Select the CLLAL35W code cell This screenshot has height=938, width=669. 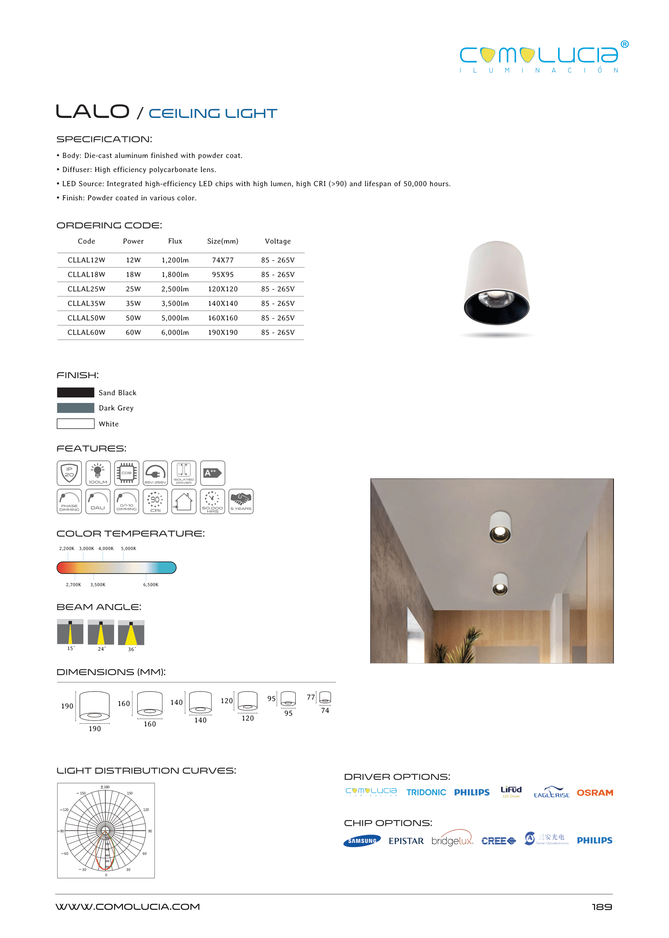(87, 303)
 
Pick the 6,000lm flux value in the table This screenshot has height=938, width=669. (175, 332)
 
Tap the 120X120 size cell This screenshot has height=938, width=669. (223, 289)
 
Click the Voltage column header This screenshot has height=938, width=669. (278, 241)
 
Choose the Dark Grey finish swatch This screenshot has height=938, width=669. (76, 408)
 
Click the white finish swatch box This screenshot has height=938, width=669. (76, 424)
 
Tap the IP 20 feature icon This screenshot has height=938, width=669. (69, 473)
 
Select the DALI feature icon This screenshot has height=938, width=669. (98, 502)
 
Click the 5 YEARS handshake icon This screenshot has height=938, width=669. (241, 502)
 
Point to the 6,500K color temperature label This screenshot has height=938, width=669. (151, 585)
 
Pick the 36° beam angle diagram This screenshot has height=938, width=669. (131, 633)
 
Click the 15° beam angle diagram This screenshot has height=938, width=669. (70, 632)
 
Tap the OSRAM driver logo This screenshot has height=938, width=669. (595, 793)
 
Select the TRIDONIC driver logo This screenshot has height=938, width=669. (426, 793)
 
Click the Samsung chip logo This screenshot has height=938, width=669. (362, 841)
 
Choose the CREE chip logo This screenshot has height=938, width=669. (498, 841)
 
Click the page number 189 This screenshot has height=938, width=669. (602, 907)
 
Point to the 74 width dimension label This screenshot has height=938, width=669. (325, 711)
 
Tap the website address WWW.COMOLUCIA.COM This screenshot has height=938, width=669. (128, 907)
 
